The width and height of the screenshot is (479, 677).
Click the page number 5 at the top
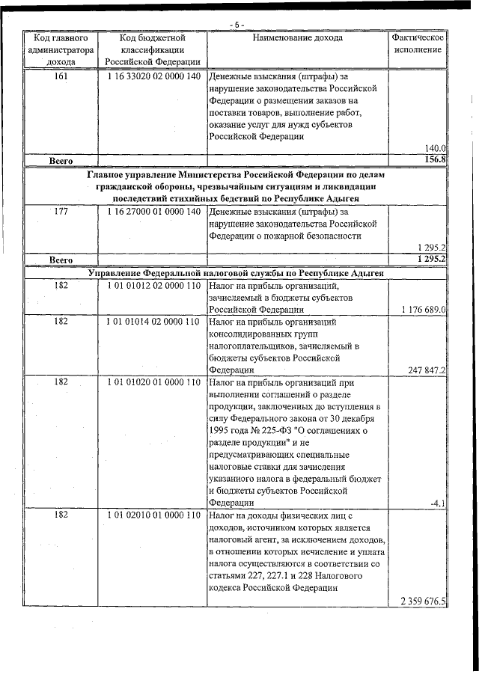[237, 25]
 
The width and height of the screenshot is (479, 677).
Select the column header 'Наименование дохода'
[298, 37]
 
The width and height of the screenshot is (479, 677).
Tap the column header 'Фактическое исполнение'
[418, 43]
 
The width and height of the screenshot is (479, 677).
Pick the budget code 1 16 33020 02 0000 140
[153, 76]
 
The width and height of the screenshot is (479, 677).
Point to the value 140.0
[434, 148]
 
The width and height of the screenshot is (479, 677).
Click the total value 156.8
[433, 160]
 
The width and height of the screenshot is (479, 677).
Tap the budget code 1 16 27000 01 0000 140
[153, 212]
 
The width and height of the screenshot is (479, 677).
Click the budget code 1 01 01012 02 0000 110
[153, 285]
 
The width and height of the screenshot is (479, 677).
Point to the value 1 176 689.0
[422, 309]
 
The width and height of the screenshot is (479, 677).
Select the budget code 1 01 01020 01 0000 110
[153, 382]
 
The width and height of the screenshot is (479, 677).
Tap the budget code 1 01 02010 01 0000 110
[153, 515]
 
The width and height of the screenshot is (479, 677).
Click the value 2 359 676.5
[422, 601]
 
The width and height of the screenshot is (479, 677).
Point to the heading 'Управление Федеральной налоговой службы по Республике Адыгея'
[237, 273]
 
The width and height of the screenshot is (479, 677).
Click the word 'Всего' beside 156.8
[61, 161]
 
